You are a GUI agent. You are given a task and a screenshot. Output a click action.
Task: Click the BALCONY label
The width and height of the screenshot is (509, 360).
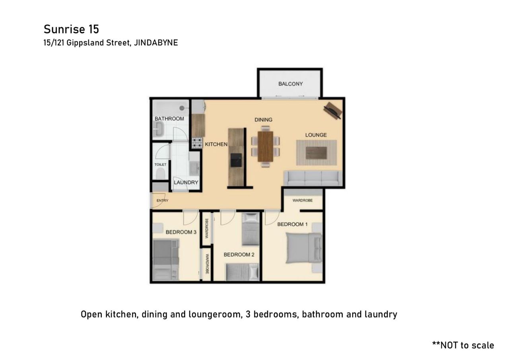point(290,84)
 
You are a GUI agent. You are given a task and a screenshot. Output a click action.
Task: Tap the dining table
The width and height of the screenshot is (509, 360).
point(265,146)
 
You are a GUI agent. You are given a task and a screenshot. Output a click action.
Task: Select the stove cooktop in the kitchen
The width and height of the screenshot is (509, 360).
point(197,143)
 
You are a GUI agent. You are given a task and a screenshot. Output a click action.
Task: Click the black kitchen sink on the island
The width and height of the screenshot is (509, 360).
point(236,160)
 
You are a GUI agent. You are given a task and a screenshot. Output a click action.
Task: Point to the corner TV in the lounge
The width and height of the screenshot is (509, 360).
point(333,111)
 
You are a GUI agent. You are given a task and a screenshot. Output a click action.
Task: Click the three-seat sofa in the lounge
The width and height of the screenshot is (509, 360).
point(313,179)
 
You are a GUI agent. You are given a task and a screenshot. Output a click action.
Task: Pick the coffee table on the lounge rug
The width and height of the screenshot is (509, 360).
point(316,153)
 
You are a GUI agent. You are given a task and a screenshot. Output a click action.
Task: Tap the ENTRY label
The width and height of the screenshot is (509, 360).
point(162,200)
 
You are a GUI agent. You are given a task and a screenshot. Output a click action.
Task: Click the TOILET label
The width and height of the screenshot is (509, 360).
point(160,165)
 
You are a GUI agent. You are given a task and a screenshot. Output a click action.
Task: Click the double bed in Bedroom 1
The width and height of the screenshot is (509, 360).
point(304,248)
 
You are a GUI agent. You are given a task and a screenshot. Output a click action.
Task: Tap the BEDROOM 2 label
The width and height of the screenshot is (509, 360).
point(239,255)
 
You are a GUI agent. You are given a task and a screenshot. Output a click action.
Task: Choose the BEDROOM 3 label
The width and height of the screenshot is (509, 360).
point(181,232)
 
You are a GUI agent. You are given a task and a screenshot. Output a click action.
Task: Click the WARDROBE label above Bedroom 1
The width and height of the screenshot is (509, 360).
point(303,200)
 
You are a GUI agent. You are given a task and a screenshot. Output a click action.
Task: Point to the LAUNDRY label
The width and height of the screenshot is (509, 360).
point(186,183)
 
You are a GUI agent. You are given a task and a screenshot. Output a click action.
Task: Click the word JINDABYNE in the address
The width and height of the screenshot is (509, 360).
point(156,43)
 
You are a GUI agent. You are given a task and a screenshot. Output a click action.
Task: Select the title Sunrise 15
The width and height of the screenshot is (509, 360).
point(71,29)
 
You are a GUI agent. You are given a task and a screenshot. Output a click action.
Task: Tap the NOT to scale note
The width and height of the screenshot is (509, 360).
point(463,345)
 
